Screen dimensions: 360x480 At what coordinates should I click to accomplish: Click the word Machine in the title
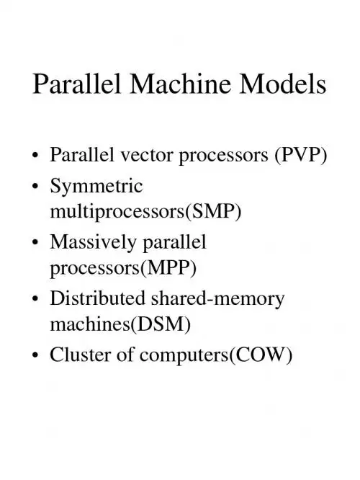click(x=181, y=84)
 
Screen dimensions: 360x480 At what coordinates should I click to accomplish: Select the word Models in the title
click(x=283, y=84)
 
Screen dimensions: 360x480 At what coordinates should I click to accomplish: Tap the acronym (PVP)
click(x=301, y=155)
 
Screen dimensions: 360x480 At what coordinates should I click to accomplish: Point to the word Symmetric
click(x=96, y=185)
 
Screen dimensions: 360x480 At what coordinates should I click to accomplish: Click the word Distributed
click(x=98, y=298)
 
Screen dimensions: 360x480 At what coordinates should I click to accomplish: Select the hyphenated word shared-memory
click(x=218, y=299)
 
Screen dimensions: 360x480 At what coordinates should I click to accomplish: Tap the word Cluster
click(x=80, y=355)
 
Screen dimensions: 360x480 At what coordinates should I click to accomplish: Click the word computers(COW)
click(x=216, y=355)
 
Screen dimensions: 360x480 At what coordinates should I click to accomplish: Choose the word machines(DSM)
click(x=120, y=324)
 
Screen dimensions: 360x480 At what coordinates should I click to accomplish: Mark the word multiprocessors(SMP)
click(x=145, y=211)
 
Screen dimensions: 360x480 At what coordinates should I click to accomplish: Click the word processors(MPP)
click(x=123, y=268)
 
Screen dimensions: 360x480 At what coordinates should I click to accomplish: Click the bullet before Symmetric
click(x=36, y=186)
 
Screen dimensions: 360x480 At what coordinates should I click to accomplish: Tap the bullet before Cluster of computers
click(x=36, y=355)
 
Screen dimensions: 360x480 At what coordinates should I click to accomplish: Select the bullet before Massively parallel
click(x=36, y=242)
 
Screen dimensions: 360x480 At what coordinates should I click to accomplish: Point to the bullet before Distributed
click(x=36, y=298)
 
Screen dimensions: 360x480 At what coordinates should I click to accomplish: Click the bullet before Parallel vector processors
click(x=36, y=155)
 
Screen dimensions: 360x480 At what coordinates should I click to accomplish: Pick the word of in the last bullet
click(x=125, y=355)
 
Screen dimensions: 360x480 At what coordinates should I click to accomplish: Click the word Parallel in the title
click(x=77, y=84)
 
